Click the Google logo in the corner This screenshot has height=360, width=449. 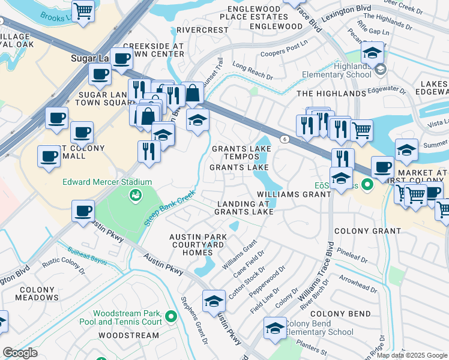[x=20, y=353]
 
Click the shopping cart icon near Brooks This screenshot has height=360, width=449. [x=83, y=10]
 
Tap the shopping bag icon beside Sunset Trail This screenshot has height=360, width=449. [x=192, y=93]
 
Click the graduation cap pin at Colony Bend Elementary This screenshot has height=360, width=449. [x=276, y=329]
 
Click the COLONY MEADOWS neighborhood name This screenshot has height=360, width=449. [x=36, y=293]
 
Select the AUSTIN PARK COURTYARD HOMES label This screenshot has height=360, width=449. [x=197, y=245]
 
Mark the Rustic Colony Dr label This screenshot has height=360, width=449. [x=62, y=263]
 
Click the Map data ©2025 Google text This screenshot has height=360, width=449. [x=412, y=355]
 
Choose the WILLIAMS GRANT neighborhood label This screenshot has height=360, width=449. [x=294, y=194]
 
